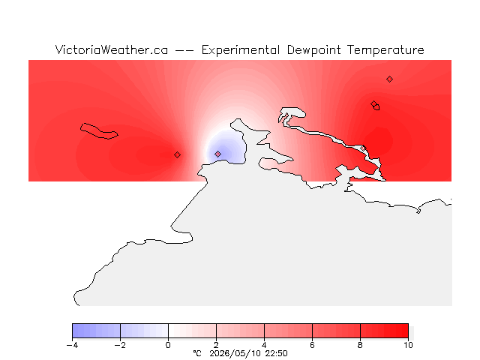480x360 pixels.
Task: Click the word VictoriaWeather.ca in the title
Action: coord(112,50)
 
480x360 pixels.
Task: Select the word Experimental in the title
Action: coord(241,50)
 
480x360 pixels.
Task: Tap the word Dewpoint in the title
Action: coord(313,50)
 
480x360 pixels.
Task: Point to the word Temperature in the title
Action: coord(385,50)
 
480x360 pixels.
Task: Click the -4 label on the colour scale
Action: coord(72,345)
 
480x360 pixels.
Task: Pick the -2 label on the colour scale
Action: coord(120,345)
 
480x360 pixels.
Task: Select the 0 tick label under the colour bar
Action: coord(168,345)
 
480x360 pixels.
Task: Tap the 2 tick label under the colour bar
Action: coord(216,345)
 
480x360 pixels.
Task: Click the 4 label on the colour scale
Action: coord(264,345)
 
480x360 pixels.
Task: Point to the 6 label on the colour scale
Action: coord(312,345)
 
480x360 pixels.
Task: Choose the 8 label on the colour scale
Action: coord(360,345)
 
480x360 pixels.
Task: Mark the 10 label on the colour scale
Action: coord(408,345)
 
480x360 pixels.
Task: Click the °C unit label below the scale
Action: coord(197,353)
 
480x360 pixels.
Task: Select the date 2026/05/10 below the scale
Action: coord(235,353)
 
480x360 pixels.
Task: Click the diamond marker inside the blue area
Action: coord(217,154)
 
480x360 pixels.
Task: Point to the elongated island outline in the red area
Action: coord(99,131)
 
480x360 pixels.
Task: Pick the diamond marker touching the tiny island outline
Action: coord(373,103)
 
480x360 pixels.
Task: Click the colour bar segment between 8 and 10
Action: coord(384,331)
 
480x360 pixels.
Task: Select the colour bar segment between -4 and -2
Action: coord(97,331)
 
